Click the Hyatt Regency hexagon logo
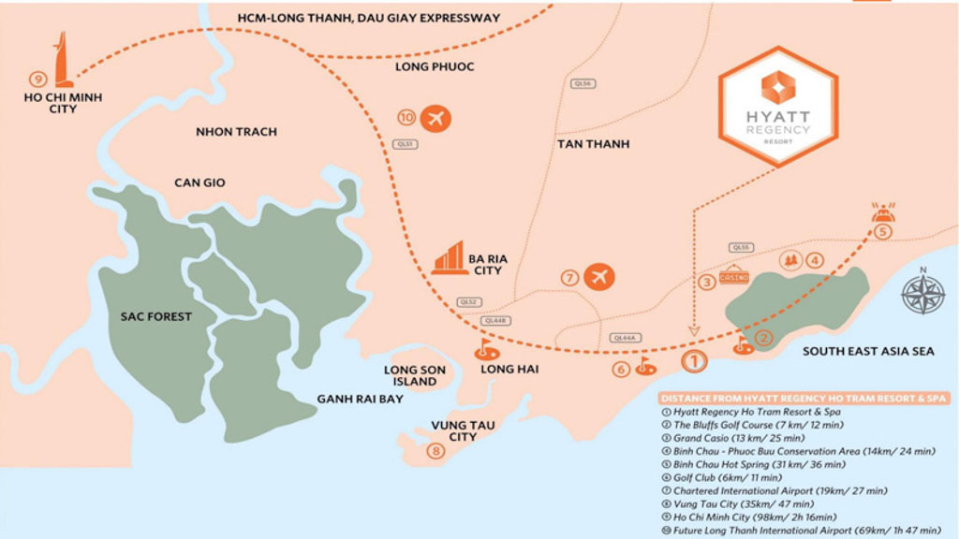coord(776,106)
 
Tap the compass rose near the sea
coord(922,292)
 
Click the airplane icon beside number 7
coord(597,277)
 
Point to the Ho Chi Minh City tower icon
coord(62,61)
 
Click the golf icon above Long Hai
coord(484,351)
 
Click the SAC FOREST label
coord(156,316)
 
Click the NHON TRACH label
coord(236,132)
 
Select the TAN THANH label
coord(593,144)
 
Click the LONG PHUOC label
coord(435,67)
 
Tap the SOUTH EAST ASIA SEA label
coord(867,351)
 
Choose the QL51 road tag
coord(405,144)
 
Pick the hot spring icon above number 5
coord(881,212)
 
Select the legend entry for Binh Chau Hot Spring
coord(759,464)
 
